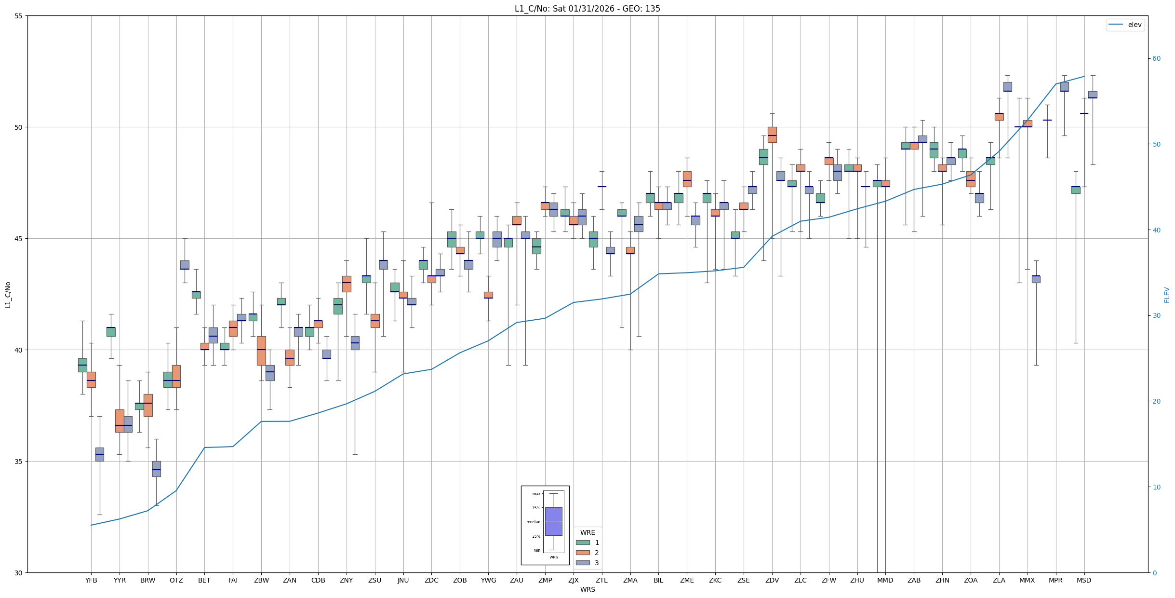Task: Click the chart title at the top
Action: (x=587, y=9)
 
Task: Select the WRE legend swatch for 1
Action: (x=583, y=543)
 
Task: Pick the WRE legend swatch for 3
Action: (x=583, y=563)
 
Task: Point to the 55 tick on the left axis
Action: (x=19, y=16)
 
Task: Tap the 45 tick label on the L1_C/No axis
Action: (x=19, y=239)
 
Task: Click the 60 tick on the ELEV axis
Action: (x=1156, y=59)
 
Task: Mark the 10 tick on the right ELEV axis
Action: (x=1156, y=487)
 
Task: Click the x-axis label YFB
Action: (x=91, y=580)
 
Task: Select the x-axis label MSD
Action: (x=1084, y=580)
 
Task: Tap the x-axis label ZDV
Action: (x=772, y=580)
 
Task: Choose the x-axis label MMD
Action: (x=885, y=580)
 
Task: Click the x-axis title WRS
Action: (x=587, y=589)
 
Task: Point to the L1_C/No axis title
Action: (x=8, y=295)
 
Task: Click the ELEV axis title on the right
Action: (x=1167, y=295)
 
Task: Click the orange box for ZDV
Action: (x=772, y=135)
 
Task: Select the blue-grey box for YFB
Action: (x=100, y=454)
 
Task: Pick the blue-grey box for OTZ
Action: (x=185, y=265)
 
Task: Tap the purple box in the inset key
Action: (x=553, y=521)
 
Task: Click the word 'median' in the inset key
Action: (x=533, y=522)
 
